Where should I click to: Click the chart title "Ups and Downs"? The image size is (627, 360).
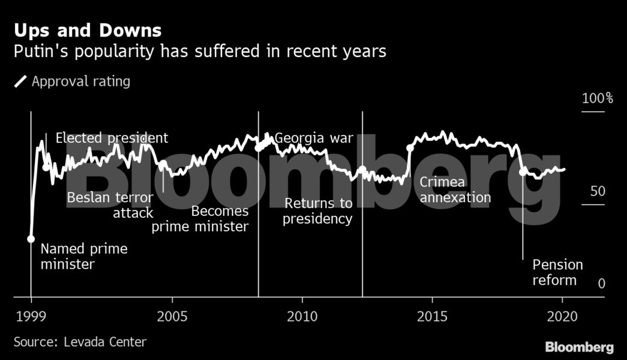click(x=88, y=30)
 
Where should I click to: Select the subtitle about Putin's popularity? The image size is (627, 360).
click(x=200, y=52)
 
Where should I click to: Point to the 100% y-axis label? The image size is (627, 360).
click(x=597, y=98)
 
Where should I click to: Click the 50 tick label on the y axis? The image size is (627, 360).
click(x=597, y=192)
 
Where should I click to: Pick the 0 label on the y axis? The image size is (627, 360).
click(x=601, y=284)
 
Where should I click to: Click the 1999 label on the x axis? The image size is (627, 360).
click(x=31, y=316)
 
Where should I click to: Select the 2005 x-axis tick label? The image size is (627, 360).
click(x=172, y=316)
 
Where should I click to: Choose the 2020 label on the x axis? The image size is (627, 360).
click(x=562, y=316)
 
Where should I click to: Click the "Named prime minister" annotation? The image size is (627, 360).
click(x=84, y=256)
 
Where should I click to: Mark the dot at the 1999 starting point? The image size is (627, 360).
click(x=31, y=239)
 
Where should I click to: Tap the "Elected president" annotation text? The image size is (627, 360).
click(x=112, y=138)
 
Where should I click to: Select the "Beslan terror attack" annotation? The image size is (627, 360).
click(x=110, y=205)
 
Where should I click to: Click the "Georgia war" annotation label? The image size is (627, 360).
click(x=314, y=139)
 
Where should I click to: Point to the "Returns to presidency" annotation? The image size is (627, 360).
click(x=318, y=211)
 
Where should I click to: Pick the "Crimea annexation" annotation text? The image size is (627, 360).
click(x=455, y=190)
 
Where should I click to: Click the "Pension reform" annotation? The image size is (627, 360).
click(x=557, y=272)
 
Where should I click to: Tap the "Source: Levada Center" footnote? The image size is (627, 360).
click(x=80, y=342)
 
